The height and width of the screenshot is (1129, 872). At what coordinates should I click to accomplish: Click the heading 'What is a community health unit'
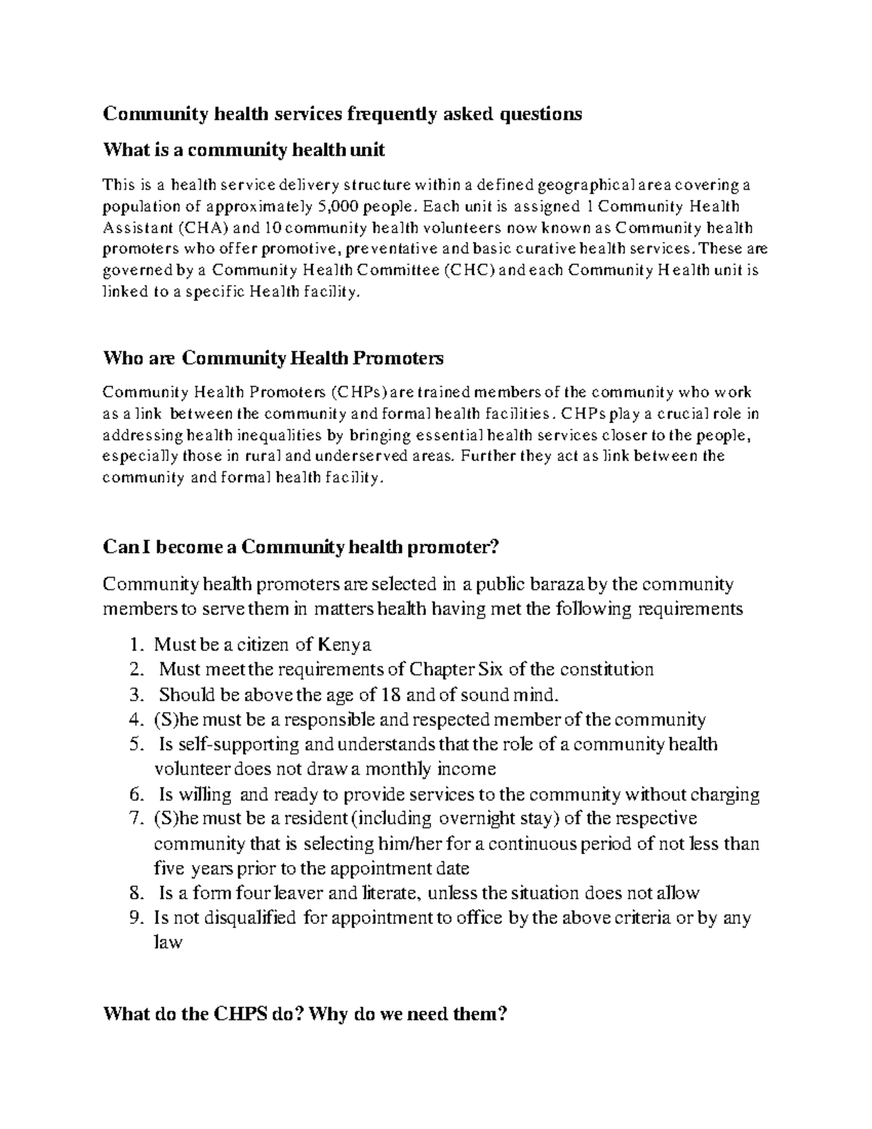244,150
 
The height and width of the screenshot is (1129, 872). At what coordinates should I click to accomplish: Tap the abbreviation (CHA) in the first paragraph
198,228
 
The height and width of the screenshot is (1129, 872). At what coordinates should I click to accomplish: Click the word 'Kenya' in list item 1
345,644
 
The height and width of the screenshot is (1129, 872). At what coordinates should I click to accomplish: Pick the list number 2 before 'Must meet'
134,669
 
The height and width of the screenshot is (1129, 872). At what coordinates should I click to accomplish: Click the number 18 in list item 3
389,694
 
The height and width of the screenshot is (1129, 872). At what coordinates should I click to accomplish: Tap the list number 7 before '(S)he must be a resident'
134,819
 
